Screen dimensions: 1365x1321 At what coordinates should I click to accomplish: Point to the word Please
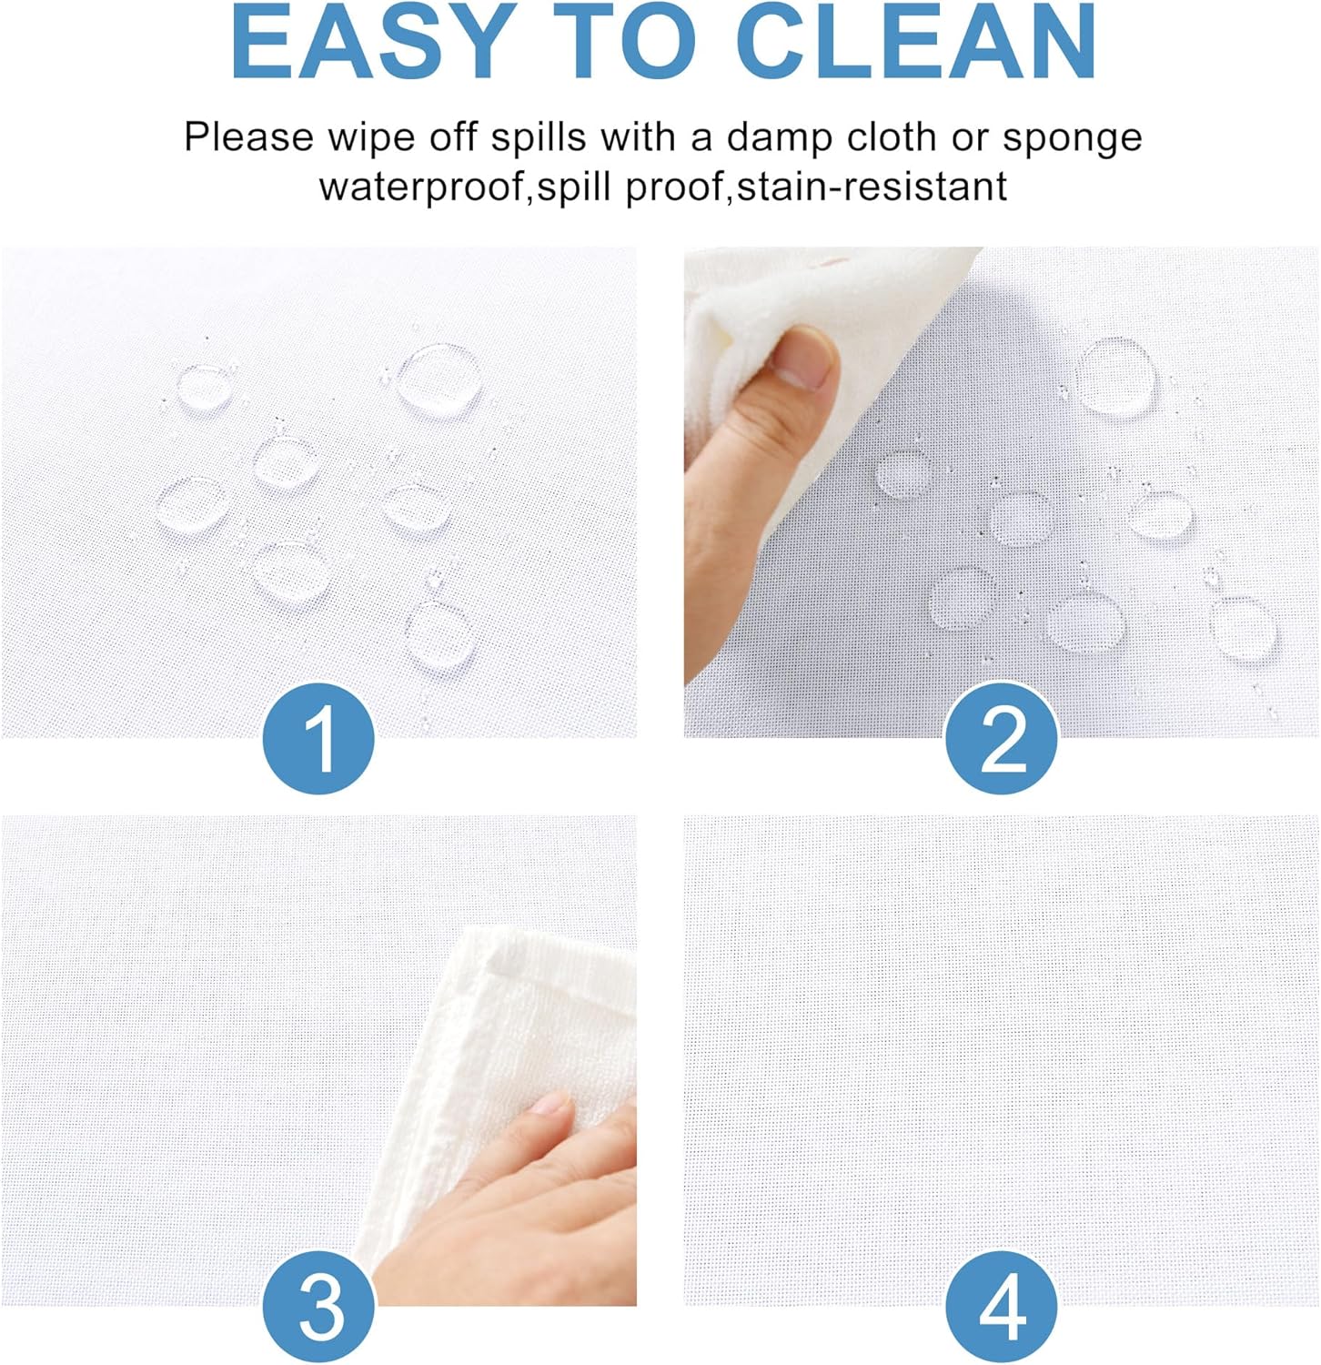tap(248, 138)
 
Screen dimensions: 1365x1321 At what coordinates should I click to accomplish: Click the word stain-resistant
tap(872, 187)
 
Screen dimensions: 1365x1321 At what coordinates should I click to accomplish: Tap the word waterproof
tap(424, 187)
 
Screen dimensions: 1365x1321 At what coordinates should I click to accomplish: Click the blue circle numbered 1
tap(318, 740)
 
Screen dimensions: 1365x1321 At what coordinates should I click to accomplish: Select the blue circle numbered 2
tap(1002, 740)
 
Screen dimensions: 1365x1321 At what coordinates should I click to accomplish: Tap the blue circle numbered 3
tap(318, 1308)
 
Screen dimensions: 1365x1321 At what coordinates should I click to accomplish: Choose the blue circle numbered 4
tap(1002, 1308)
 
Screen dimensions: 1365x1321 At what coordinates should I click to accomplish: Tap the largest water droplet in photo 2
tap(1116, 374)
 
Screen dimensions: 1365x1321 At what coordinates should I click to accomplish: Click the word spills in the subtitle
tap(539, 138)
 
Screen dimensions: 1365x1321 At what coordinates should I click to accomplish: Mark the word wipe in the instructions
tap(367, 138)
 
